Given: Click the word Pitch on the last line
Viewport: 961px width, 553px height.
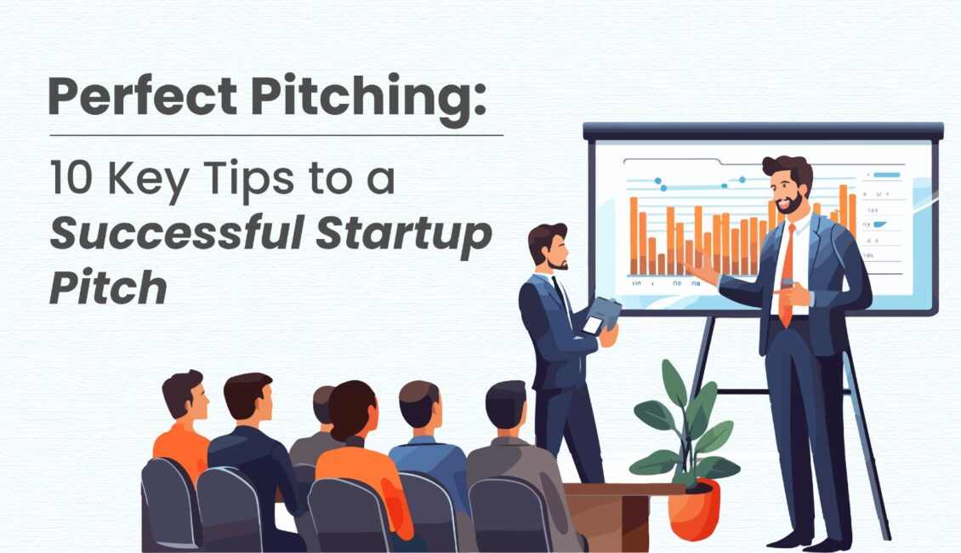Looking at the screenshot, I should click(107, 288).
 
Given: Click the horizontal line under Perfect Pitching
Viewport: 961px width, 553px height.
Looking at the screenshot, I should click(276, 134).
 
